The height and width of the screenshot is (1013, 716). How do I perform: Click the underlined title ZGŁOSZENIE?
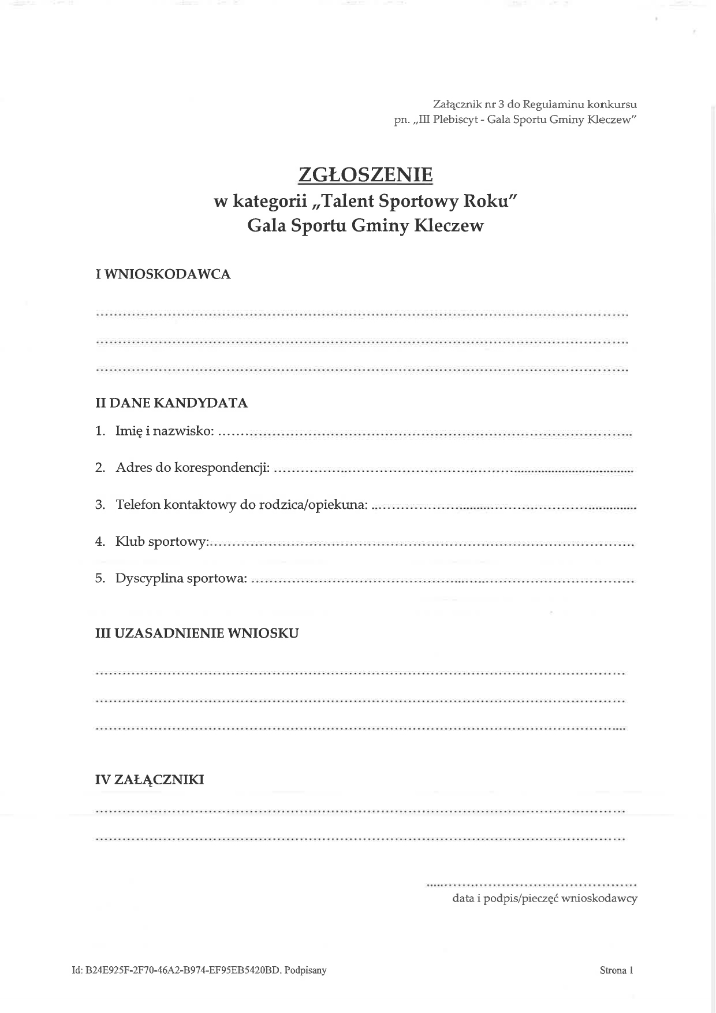pyautogui.click(x=365, y=174)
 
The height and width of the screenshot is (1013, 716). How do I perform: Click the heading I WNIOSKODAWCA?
pyautogui.click(x=163, y=275)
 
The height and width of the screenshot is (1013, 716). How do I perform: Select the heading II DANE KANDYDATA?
pyautogui.click(x=171, y=403)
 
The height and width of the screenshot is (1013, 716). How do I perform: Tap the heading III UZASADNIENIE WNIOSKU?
pyautogui.click(x=196, y=634)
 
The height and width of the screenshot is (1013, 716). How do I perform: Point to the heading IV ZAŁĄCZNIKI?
pyautogui.click(x=150, y=780)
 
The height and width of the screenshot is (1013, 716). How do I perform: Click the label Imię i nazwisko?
pyautogui.click(x=165, y=431)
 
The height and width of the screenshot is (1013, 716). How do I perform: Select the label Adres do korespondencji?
pyautogui.click(x=192, y=468)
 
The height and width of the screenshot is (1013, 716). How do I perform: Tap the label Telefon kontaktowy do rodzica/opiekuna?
pyautogui.click(x=241, y=505)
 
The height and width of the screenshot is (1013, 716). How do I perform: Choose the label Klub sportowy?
pyautogui.click(x=162, y=542)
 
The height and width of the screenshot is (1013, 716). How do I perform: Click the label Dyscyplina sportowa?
pyautogui.click(x=181, y=579)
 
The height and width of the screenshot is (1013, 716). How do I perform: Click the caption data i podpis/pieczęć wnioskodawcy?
pyautogui.click(x=545, y=899)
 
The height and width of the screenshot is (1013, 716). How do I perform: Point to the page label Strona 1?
pyautogui.click(x=616, y=970)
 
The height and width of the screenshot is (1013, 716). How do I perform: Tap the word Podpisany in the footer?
pyautogui.click(x=305, y=970)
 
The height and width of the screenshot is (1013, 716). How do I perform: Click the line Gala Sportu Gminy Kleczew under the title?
pyautogui.click(x=365, y=225)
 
